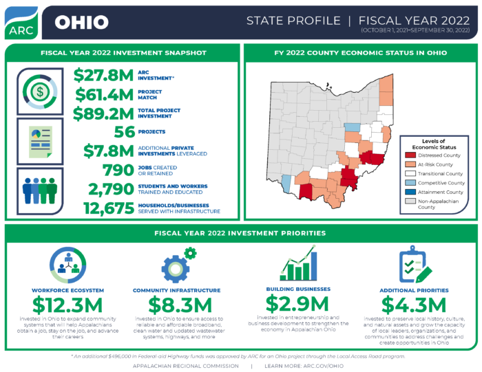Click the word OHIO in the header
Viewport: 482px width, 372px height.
pyautogui.click(x=81, y=23)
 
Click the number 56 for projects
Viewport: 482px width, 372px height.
pyautogui.click(x=123, y=131)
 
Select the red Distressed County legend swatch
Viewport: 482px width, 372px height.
pyautogui.click(x=412, y=155)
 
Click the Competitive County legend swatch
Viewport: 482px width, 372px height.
pyautogui.click(x=412, y=183)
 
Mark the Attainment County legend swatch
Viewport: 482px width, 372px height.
pyautogui.click(x=412, y=193)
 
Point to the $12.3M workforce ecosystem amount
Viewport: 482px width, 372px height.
pyautogui.click(x=68, y=304)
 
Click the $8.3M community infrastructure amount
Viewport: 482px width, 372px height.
pyautogui.click(x=177, y=304)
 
